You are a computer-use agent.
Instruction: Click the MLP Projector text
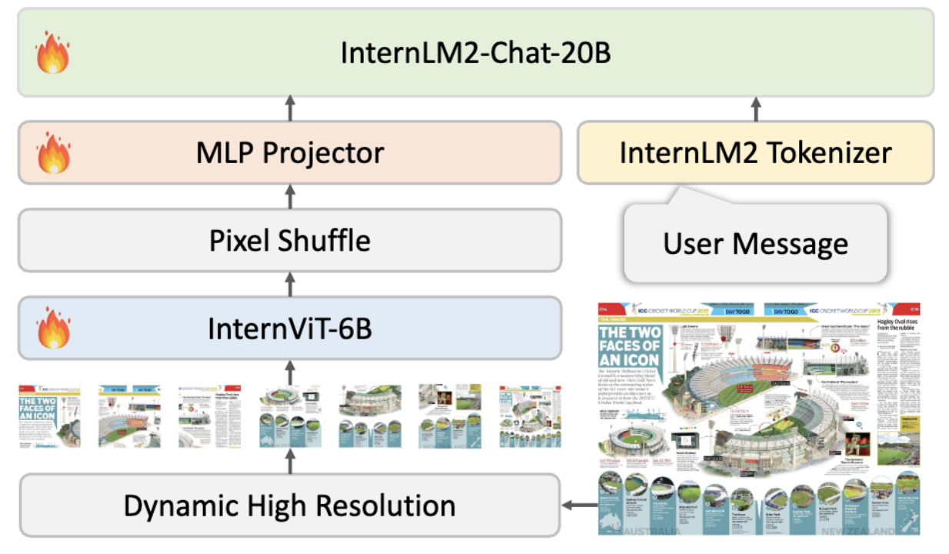289,153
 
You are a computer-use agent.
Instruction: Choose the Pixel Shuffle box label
289,241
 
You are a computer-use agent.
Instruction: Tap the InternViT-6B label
289,329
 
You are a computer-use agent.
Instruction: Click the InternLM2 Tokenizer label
756,152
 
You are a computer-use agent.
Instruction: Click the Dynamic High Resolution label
289,506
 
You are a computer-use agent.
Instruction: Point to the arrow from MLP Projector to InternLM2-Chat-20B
290,108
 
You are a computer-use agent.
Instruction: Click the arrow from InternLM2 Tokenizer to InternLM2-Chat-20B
756,108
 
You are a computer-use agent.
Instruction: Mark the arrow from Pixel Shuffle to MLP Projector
290,197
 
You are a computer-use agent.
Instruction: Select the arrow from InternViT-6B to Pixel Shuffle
290,285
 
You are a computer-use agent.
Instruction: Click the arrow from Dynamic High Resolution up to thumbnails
290,461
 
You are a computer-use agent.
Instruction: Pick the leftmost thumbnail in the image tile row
49,416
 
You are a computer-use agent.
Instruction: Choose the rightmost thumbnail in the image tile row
530,416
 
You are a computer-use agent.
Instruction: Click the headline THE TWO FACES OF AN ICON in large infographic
629,345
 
